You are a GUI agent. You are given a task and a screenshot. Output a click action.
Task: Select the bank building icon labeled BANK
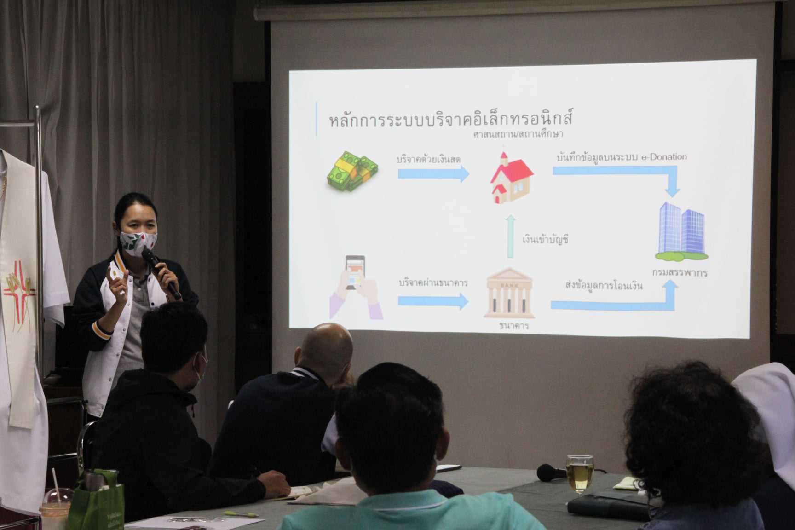click(x=509, y=293)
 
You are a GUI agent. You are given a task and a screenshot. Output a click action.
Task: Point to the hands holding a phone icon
click(x=356, y=288)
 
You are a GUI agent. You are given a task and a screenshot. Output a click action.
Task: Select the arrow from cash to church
click(x=433, y=173)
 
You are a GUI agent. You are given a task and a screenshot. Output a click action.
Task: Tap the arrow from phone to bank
click(x=433, y=301)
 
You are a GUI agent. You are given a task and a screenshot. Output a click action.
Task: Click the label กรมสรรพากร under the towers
click(x=680, y=272)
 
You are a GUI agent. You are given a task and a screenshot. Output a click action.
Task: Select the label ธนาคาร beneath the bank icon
click(x=514, y=326)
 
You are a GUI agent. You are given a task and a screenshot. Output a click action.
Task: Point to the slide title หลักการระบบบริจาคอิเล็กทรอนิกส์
click(x=451, y=119)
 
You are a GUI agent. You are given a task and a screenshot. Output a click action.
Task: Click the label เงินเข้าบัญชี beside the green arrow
click(x=546, y=239)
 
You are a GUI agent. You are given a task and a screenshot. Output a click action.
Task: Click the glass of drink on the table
click(x=580, y=474)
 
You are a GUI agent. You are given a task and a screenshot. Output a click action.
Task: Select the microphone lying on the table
click(x=552, y=472)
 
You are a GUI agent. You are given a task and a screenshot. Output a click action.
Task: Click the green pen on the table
click(x=241, y=514)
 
